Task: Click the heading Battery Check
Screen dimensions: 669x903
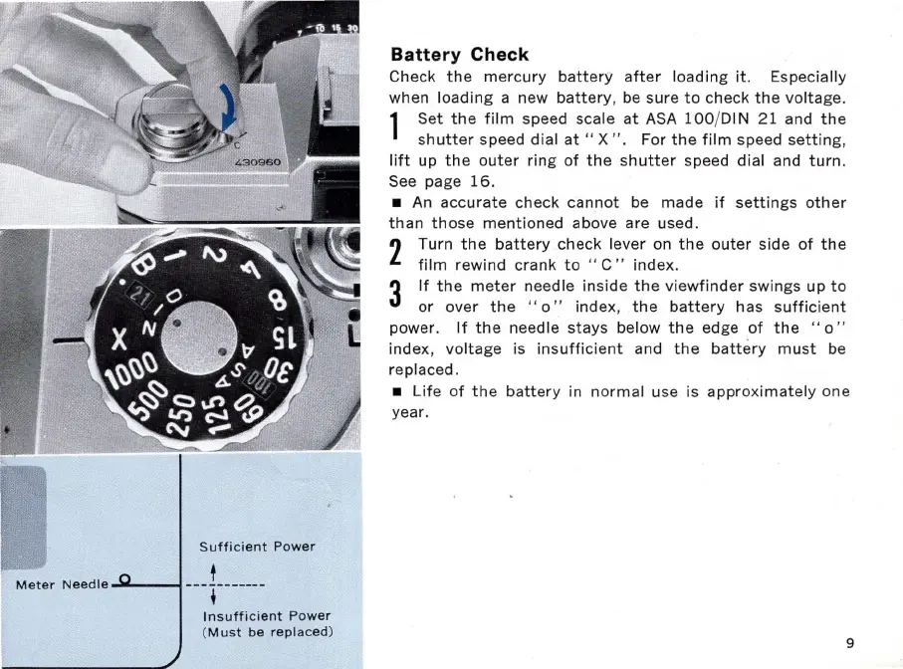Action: [x=460, y=54]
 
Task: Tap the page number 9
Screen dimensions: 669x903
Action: [x=850, y=642]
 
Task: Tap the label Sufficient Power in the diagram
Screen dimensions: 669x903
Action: [x=257, y=547]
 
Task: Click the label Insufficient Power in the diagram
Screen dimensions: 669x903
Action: [x=265, y=616]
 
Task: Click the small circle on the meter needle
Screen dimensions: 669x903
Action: [x=124, y=579]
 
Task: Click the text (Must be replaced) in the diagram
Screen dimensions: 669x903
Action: [x=267, y=632]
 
